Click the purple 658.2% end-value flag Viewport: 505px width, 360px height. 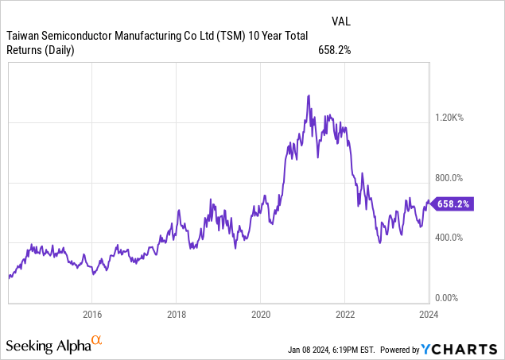(453, 204)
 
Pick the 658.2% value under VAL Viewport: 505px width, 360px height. (334, 51)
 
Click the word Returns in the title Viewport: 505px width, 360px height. (27, 51)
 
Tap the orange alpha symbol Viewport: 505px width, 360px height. (97, 342)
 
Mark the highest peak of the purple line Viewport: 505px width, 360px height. (308, 95)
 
